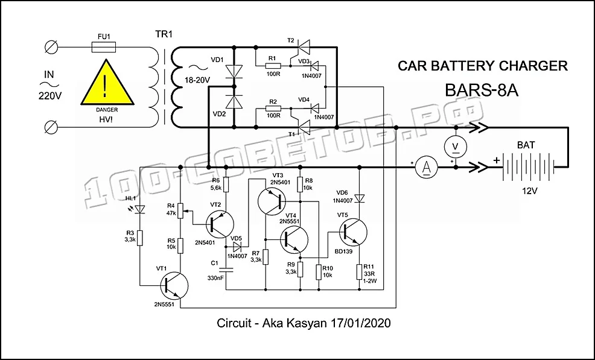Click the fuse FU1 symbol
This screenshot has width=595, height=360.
(x=104, y=48)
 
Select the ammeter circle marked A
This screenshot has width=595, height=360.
(x=427, y=167)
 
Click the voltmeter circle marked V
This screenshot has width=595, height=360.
(x=456, y=147)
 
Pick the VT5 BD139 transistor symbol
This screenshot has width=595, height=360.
(x=353, y=233)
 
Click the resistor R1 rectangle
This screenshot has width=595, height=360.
(x=273, y=66)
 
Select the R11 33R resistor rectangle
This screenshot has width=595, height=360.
(x=359, y=272)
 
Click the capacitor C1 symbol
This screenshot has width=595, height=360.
(x=226, y=270)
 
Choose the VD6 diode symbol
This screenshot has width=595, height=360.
(x=359, y=198)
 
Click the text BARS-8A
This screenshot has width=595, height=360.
(x=481, y=90)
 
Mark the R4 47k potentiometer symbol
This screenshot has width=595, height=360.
(x=180, y=211)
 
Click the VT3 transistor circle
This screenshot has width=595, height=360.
(x=272, y=201)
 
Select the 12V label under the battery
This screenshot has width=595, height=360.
(x=529, y=191)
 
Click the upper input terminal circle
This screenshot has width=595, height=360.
(x=51, y=48)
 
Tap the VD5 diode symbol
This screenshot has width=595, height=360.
(x=238, y=247)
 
